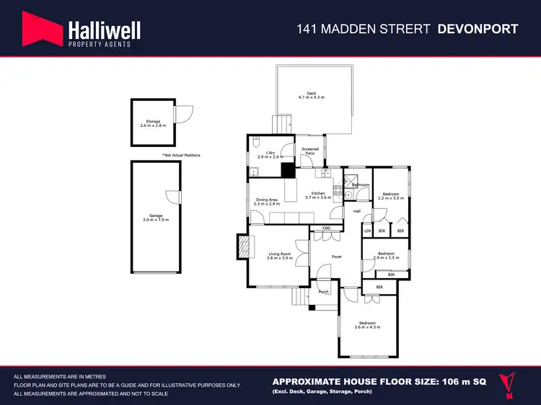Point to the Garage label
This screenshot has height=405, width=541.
154,218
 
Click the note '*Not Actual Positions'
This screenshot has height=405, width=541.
181,155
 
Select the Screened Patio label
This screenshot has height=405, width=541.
309,151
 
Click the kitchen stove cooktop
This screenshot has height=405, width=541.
337,190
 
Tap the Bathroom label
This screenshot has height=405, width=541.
360,185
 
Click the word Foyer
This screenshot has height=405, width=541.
336,256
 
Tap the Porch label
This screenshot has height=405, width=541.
323,291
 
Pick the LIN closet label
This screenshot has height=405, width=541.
367,231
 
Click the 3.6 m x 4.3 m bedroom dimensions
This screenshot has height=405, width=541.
367,327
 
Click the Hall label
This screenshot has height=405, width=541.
356,211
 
